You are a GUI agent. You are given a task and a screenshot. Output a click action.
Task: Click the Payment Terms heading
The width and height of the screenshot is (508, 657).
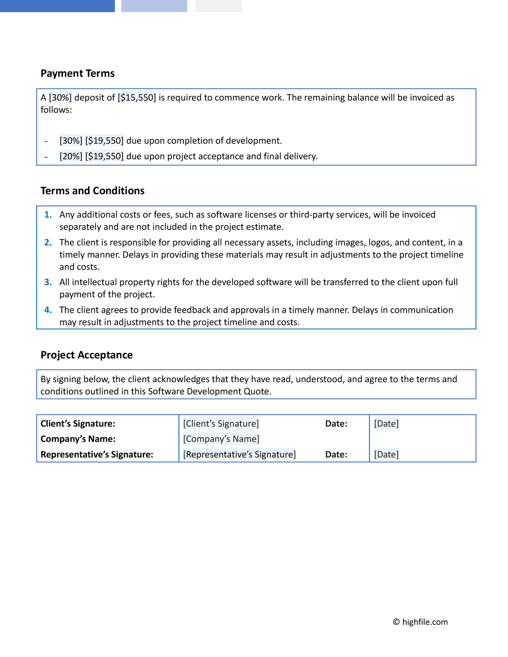click(x=78, y=73)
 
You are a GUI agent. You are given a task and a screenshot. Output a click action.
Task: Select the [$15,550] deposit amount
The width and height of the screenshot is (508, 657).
click(x=137, y=97)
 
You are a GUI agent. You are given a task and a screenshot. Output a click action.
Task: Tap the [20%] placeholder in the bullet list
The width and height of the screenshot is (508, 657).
click(x=71, y=156)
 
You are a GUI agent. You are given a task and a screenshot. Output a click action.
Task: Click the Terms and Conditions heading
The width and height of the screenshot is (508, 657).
click(x=92, y=191)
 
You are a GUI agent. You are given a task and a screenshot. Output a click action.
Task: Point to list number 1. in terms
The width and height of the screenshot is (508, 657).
click(x=48, y=215)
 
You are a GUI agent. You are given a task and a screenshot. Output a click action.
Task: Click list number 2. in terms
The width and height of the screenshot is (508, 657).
click(x=48, y=242)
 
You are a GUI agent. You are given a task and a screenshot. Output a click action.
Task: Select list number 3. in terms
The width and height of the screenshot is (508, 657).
click(x=48, y=282)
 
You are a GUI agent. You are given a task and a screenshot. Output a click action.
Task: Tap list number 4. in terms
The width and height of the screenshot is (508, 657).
click(x=48, y=310)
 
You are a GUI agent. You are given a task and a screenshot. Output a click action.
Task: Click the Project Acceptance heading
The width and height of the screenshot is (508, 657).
click(x=87, y=355)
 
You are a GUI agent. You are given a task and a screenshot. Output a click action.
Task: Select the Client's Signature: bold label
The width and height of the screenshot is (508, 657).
click(x=78, y=423)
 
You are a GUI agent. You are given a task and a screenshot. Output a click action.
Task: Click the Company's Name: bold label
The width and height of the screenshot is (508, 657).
click(x=78, y=439)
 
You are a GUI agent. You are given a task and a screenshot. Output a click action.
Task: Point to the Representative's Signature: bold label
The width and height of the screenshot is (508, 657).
click(x=97, y=454)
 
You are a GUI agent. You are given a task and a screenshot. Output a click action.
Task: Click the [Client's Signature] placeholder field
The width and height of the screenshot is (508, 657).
click(x=221, y=423)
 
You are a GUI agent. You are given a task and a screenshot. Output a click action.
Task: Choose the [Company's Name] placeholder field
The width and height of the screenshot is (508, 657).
click(x=221, y=439)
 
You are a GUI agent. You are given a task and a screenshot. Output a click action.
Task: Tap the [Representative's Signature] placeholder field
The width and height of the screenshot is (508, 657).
click(x=239, y=454)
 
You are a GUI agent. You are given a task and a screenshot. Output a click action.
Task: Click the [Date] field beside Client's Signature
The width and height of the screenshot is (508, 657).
click(x=386, y=423)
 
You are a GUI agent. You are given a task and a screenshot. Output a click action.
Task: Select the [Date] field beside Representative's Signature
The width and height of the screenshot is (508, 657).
click(x=386, y=454)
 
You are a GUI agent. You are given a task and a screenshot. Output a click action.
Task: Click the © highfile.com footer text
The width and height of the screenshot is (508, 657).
click(x=420, y=622)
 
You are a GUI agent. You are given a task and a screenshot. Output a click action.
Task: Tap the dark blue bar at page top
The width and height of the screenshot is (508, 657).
click(x=57, y=6)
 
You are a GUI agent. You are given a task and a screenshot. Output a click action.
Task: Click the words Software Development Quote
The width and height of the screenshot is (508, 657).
click(x=209, y=391)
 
